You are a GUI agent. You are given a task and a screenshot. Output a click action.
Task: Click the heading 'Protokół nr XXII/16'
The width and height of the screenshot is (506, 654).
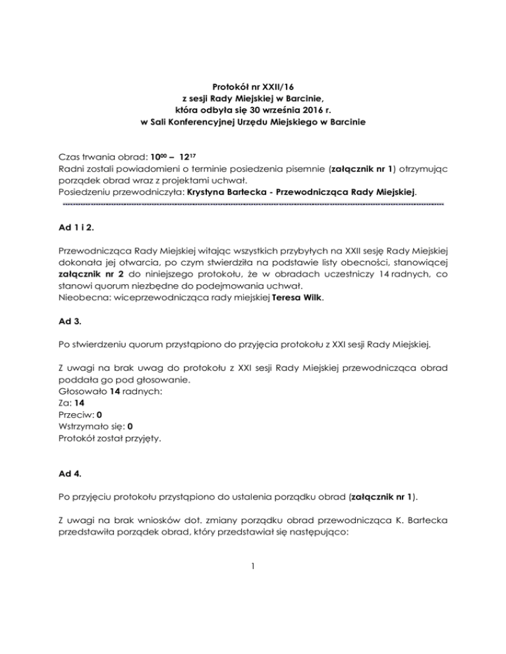(x=253, y=86)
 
